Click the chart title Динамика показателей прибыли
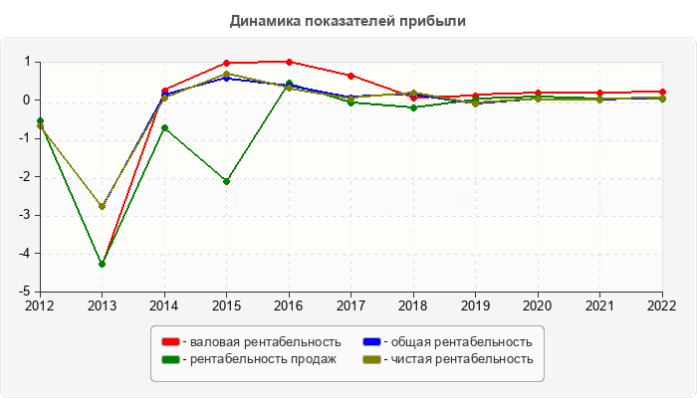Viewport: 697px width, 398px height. (x=348, y=20)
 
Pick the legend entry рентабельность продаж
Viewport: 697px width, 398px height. (x=262, y=359)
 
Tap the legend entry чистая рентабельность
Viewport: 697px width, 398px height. (x=461, y=359)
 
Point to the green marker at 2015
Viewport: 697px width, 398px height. (x=227, y=181)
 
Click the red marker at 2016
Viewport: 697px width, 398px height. (x=289, y=62)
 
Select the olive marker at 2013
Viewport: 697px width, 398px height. (x=102, y=206)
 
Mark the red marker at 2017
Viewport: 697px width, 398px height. (x=351, y=76)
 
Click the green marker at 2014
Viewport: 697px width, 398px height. (x=164, y=127)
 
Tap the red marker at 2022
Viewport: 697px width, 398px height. (x=662, y=92)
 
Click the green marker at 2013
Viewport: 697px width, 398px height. (x=102, y=264)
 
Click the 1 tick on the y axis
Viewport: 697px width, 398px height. (x=29, y=62)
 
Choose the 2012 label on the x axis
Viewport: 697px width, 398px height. (x=40, y=305)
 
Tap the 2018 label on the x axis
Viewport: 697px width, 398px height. (x=413, y=305)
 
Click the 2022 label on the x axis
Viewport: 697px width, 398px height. (x=662, y=305)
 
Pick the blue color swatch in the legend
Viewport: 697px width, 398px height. (x=370, y=342)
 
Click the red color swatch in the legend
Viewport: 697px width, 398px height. (x=171, y=342)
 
